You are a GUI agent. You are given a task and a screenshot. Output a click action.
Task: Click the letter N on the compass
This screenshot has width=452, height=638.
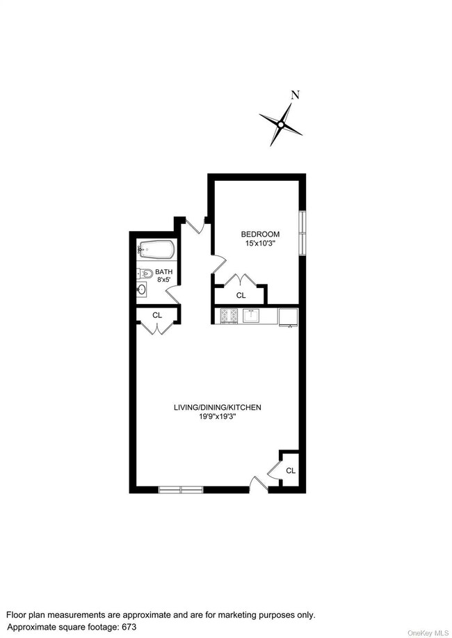coord(295,97)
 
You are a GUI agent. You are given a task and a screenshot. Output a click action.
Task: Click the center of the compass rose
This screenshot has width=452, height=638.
coord(281,125)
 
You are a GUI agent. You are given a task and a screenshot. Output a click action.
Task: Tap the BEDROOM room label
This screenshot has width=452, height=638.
coord(260,234)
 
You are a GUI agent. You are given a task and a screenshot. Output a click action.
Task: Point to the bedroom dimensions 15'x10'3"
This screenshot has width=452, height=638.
coord(260,244)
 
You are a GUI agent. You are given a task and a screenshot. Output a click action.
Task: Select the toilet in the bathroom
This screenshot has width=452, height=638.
coord(144,273)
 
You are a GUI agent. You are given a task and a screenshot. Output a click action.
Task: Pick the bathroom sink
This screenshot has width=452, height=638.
coord(142,289)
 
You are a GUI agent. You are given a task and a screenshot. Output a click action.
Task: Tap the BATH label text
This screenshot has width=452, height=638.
coord(163,272)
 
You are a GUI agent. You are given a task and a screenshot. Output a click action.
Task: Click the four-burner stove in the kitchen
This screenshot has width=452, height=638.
coord(229,316)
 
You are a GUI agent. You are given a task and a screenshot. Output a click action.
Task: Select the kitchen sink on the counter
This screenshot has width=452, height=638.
coord(251,316)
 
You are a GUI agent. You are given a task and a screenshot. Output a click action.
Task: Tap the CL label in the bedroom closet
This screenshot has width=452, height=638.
coord(241,296)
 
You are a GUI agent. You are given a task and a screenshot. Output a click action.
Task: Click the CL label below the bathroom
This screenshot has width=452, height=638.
coord(157,315)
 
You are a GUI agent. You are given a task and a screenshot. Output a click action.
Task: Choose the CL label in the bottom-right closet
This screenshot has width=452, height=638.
coord(290,471)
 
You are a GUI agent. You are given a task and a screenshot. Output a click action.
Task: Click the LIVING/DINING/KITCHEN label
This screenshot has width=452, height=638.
coord(218,407)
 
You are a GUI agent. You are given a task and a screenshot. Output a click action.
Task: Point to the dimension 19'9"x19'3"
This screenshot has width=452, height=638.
coord(218,417)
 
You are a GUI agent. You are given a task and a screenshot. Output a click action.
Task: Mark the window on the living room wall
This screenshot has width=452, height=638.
coord(181,489)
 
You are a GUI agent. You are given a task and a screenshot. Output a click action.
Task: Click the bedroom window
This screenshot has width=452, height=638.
coord(302,232)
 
